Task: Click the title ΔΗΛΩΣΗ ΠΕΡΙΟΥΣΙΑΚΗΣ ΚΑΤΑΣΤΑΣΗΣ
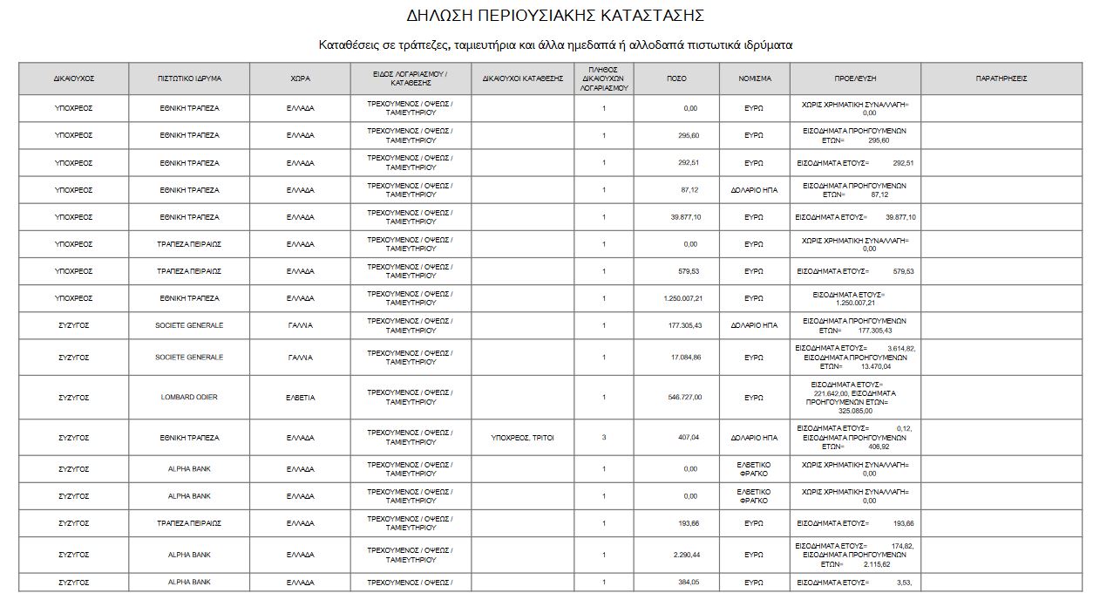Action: pyautogui.click(x=555, y=16)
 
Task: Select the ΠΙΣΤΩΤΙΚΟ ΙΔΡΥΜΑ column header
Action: pyautogui.click(x=189, y=78)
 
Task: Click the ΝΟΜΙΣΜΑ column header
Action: pyautogui.click(x=755, y=78)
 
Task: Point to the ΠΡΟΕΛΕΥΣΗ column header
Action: pyautogui.click(x=855, y=78)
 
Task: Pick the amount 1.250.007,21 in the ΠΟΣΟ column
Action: pyautogui.click(x=682, y=298)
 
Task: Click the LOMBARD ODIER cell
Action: pyautogui.click(x=189, y=398)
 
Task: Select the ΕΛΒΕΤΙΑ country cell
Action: pyautogui.click(x=300, y=398)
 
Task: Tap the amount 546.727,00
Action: pyautogui.click(x=684, y=398)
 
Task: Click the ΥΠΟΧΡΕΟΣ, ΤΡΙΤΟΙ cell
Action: pyautogui.click(x=523, y=438)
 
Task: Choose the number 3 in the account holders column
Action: pyautogui.click(x=603, y=438)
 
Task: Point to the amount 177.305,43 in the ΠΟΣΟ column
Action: pyautogui.click(x=684, y=325)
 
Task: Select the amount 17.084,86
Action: pyautogui.click(x=686, y=358)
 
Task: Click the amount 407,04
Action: pyautogui.click(x=689, y=438)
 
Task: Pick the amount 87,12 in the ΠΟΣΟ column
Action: pyautogui.click(x=690, y=190)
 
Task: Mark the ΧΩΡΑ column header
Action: pyautogui.click(x=300, y=78)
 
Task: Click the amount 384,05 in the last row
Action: pyautogui.click(x=689, y=582)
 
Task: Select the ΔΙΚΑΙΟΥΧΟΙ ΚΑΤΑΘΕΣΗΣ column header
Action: pyautogui.click(x=523, y=78)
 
